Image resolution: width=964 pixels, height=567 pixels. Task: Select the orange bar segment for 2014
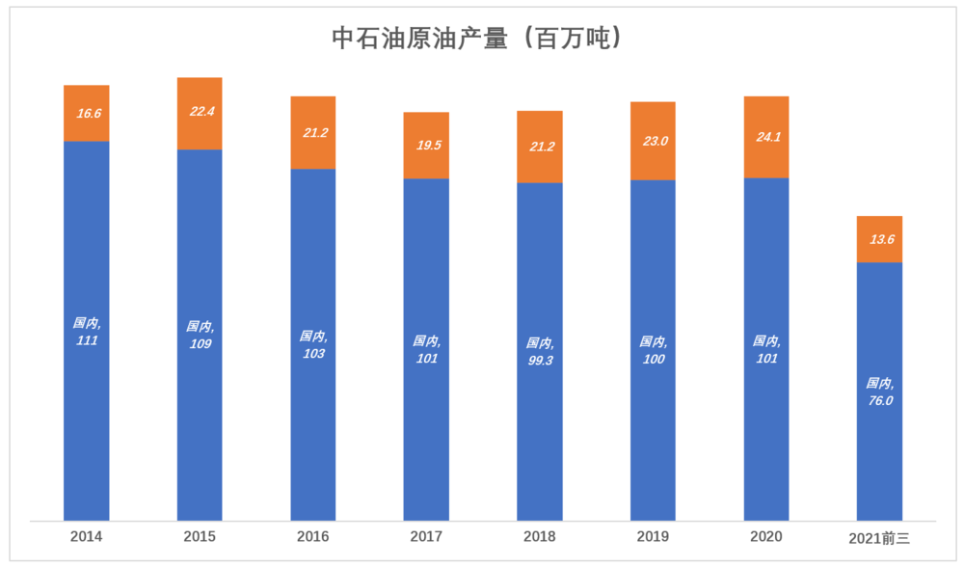87,113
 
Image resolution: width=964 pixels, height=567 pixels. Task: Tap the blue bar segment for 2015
200,336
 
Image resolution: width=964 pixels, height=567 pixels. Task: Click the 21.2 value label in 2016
315,133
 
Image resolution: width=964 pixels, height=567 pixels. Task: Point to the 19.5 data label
429,146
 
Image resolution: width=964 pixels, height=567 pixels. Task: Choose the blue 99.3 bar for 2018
540,352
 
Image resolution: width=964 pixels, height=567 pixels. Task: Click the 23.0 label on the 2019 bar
656,141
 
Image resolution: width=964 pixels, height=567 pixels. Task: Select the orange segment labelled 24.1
766,137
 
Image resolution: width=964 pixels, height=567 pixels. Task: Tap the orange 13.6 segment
880,239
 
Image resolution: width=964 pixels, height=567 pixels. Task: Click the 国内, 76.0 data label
880,391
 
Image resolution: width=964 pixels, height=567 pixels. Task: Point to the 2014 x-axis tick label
86,537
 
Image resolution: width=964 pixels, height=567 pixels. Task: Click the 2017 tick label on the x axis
426,537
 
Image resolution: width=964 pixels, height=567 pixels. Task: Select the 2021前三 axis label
879,539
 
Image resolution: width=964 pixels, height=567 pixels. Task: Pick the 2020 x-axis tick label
766,537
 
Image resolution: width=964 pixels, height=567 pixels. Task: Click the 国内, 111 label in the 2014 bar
87,332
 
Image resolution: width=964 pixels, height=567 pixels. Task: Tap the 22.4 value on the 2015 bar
201,111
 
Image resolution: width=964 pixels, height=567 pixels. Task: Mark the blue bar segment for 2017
426,350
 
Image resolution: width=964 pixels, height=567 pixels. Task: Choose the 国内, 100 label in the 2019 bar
654,350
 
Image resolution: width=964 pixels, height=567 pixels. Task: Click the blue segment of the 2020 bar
766,349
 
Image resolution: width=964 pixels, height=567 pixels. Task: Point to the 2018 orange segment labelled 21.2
540,147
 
